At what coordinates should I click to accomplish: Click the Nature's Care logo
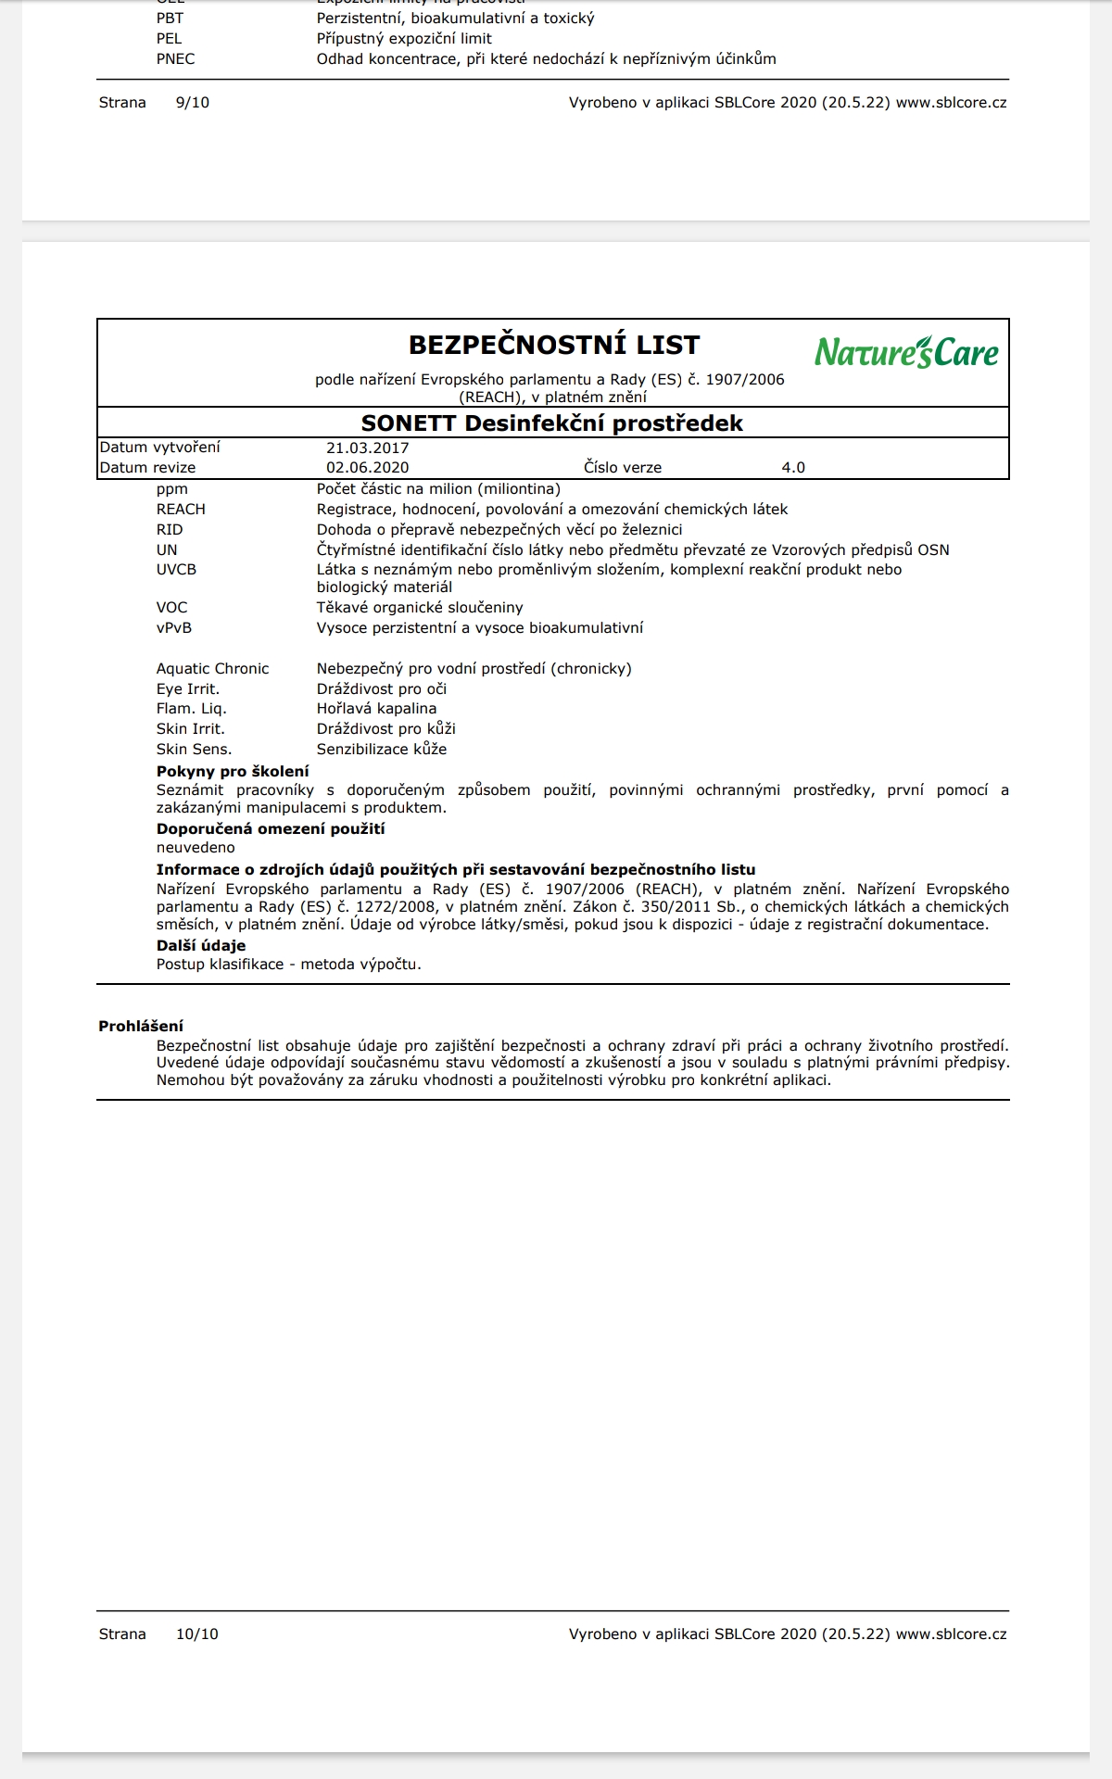click(x=906, y=352)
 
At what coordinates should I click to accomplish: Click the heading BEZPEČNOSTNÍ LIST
click(x=554, y=345)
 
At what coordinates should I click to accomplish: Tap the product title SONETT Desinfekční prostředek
click(x=552, y=423)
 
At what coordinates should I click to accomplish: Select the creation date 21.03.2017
click(x=367, y=448)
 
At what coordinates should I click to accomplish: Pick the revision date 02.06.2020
click(x=367, y=468)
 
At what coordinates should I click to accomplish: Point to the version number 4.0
click(x=793, y=468)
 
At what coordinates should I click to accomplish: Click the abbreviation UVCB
click(x=176, y=570)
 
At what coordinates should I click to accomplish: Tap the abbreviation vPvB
click(x=174, y=628)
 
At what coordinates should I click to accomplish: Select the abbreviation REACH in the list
click(x=181, y=510)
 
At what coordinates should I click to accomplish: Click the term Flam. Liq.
click(x=191, y=709)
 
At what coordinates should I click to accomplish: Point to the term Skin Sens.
click(x=194, y=750)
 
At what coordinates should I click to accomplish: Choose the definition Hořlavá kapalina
click(x=376, y=709)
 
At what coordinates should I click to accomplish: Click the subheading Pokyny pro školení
click(x=233, y=771)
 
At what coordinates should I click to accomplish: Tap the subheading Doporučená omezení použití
click(x=271, y=829)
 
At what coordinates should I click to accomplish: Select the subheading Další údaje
click(x=201, y=946)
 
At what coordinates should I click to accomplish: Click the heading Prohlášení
click(x=141, y=1026)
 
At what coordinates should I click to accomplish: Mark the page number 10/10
click(x=197, y=1634)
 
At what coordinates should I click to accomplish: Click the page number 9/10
click(x=193, y=103)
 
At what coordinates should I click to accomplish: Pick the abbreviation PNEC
click(x=175, y=59)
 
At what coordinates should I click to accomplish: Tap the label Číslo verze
click(x=623, y=468)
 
